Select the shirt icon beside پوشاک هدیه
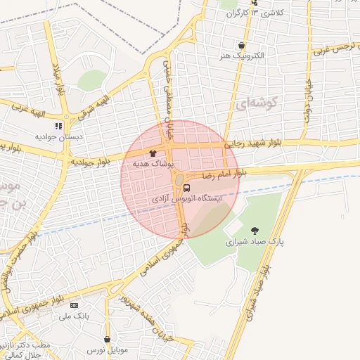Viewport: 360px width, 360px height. pos(153,152)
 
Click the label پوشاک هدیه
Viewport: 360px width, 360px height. pos(150,163)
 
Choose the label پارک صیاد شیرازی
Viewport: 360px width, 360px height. pos(255,240)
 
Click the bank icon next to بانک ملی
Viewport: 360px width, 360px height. pos(74,305)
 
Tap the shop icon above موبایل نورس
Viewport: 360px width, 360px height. pos(106,339)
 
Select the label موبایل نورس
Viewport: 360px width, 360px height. pos(106,349)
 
